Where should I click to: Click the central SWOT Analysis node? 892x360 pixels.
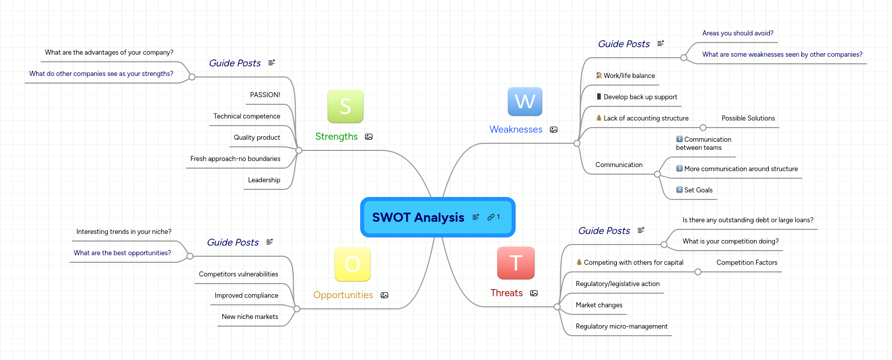418,217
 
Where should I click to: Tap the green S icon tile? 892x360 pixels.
345,106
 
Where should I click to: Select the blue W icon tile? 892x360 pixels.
525,102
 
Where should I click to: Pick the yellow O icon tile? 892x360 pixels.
353,264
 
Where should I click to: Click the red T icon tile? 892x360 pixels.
516,263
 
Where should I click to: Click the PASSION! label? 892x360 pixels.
265,95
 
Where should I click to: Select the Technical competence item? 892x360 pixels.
247,116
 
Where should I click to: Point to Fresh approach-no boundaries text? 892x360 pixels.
235,158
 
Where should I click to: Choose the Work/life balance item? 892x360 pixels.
629,75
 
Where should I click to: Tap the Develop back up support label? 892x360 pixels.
640,97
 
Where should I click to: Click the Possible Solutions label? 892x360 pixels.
748,118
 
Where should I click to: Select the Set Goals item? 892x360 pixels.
698,190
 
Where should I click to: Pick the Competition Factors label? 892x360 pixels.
747,262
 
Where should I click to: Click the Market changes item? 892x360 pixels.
599,305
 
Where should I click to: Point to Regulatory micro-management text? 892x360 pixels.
622,326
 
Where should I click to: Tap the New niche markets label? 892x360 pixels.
250,316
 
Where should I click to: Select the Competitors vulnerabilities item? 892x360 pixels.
239,274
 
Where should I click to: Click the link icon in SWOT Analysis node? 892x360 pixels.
491,217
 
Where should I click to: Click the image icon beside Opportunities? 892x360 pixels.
384,295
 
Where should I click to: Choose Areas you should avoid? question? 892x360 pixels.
738,33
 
